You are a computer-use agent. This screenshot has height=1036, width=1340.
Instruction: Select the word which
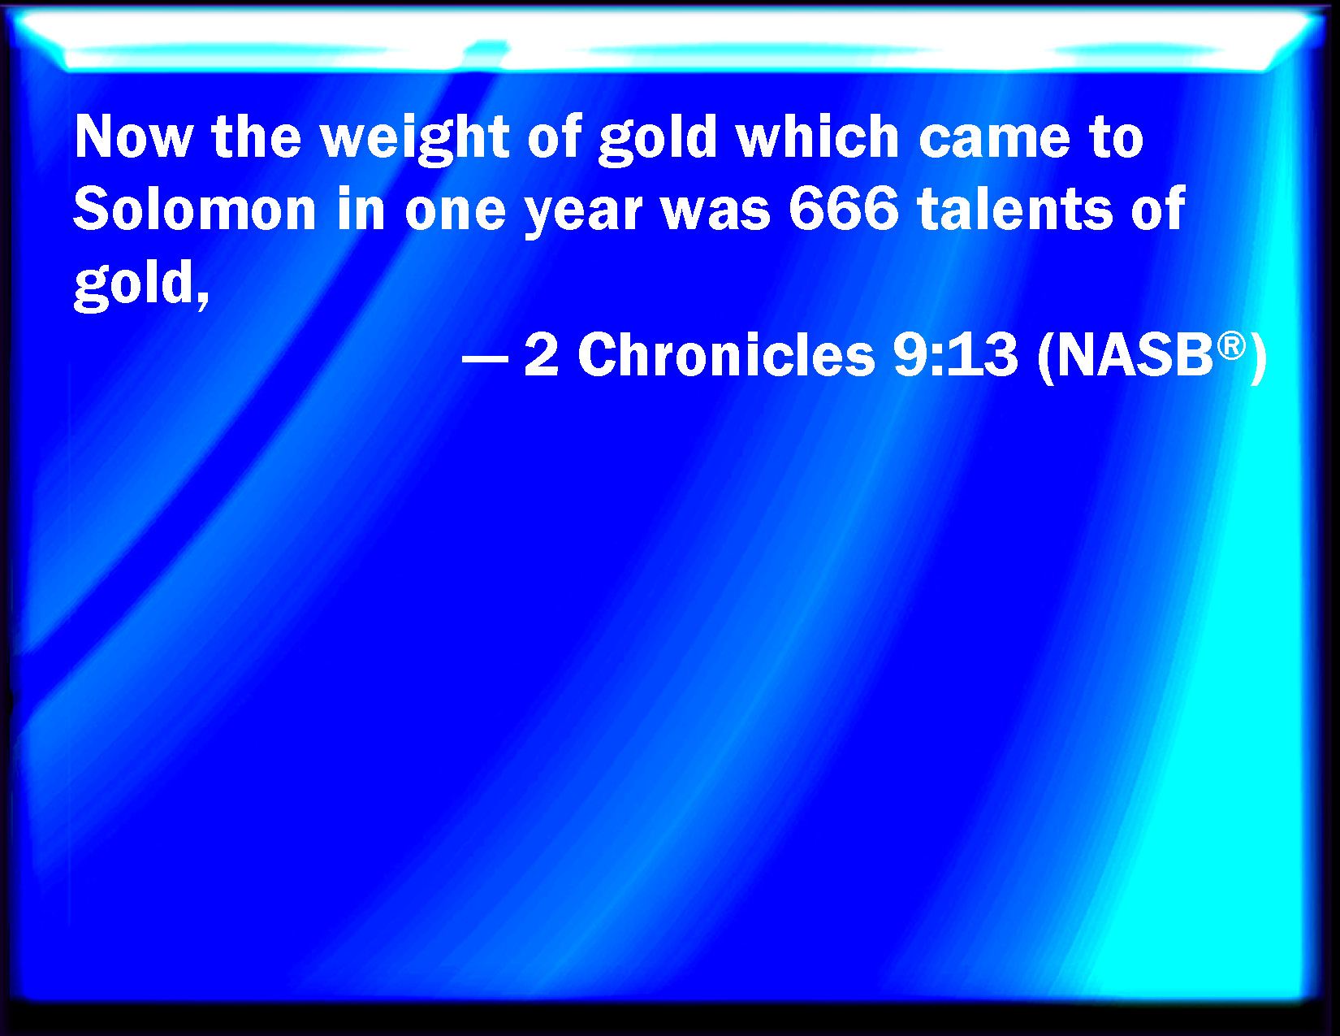point(817,137)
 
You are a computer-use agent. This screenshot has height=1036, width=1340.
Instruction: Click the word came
point(995,138)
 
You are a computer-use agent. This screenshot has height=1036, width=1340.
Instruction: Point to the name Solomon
point(194,210)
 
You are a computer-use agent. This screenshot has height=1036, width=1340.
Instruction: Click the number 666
point(843,210)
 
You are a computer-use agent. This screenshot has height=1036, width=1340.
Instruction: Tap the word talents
point(1015,210)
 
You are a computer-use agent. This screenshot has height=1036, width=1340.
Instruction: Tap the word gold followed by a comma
point(140,284)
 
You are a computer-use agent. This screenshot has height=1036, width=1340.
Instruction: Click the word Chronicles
point(726,356)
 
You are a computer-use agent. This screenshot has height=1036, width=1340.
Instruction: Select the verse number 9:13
point(954,356)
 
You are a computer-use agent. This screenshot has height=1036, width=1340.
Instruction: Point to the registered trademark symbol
point(1231,346)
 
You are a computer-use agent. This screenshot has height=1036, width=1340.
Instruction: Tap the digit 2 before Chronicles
point(542,356)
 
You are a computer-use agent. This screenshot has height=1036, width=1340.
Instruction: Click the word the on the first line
point(256,137)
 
